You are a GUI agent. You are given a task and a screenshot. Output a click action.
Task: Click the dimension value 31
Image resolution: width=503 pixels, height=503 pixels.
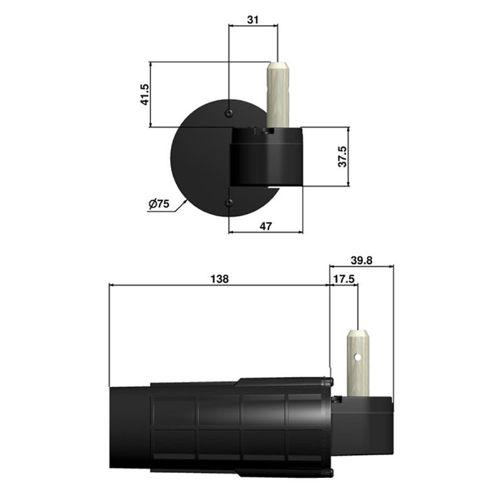point(253,19)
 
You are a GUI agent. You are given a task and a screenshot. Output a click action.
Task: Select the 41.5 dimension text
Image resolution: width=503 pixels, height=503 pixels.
point(144,94)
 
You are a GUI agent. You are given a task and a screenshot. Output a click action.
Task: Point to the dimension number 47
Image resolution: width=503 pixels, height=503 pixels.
point(265,225)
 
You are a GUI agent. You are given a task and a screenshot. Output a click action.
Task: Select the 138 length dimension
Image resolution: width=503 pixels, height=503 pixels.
point(219,278)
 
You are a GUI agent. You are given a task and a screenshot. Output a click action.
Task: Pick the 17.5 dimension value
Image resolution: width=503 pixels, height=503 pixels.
point(343,278)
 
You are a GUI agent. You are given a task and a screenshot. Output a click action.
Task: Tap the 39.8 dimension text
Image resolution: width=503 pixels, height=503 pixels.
point(361,260)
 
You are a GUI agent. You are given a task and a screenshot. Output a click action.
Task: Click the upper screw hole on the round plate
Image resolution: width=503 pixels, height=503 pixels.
point(229,113)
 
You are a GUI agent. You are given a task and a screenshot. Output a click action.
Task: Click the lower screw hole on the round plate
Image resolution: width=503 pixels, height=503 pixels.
point(229,202)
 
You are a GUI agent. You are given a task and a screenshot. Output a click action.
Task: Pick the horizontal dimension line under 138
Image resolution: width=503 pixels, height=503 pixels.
point(219,284)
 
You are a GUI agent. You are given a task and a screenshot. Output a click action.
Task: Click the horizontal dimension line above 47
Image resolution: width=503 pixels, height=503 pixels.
point(265,232)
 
